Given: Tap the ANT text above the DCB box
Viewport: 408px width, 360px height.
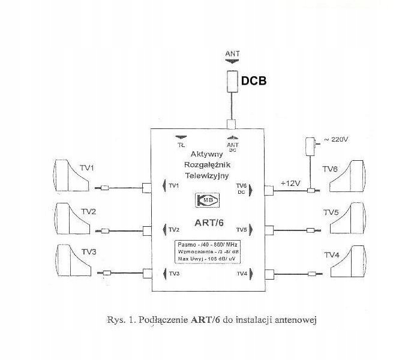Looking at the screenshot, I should point(232,54).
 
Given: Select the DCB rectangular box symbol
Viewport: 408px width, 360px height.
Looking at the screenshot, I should point(232,80).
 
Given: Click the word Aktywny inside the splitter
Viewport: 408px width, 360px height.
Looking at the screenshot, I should point(205,154).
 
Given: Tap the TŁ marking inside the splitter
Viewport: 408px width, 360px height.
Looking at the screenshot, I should point(180,145).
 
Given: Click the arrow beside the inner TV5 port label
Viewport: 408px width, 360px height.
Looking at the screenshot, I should point(251,229).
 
